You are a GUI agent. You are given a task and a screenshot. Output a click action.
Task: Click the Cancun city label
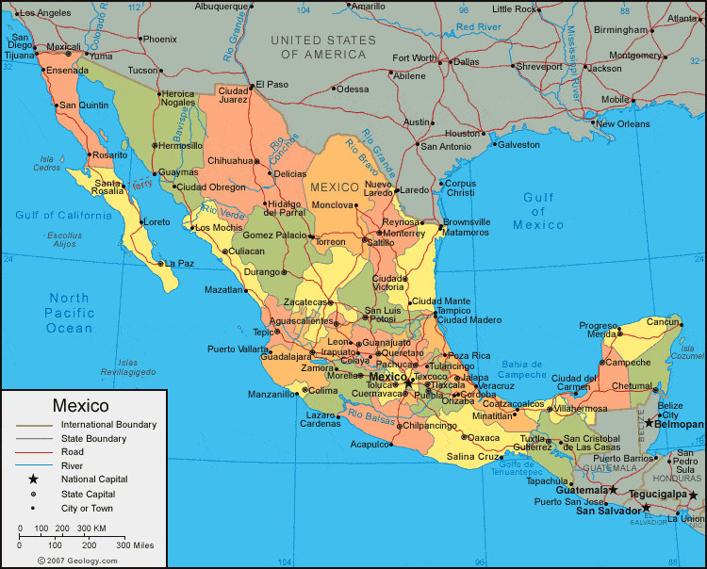click(x=663, y=322)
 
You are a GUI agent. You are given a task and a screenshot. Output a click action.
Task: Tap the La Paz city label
click(x=179, y=264)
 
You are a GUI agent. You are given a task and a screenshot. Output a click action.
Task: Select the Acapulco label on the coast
click(x=369, y=444)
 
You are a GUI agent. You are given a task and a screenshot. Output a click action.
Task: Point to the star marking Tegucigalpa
click(x=694, y=495)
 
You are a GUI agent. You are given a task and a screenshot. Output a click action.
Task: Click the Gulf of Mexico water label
click(x=539, y=211)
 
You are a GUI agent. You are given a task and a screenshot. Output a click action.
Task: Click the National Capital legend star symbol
click(x=33, y=480)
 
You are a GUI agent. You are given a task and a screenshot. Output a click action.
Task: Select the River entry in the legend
click(x=72, y=465)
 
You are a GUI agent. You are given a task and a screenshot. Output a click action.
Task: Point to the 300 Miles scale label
click(x=135, y=545)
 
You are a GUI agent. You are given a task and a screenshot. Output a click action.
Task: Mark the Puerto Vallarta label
click(x=237, y=350)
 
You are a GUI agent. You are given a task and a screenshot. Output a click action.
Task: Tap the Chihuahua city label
click(x=230, y=161)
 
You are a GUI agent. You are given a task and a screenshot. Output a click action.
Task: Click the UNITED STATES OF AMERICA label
click(x=322, y=47)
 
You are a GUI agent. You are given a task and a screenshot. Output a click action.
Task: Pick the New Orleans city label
click(x=621, y=123)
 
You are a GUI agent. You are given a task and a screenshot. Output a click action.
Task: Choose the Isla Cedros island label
click(x=46, y=163)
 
